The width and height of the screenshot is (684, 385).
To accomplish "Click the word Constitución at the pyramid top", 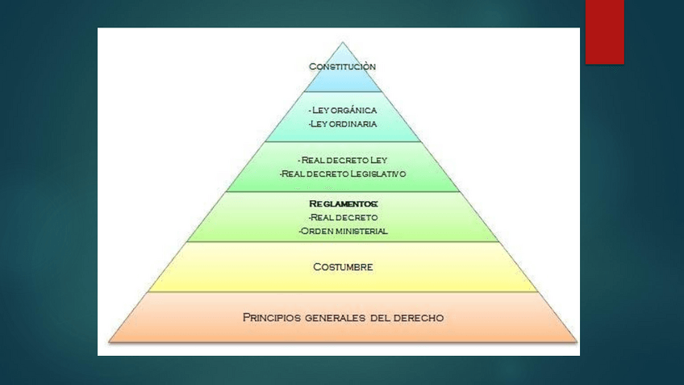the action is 343,66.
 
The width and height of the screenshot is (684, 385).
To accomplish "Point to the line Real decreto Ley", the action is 343,160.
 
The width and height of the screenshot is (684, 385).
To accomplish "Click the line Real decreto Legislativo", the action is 343,174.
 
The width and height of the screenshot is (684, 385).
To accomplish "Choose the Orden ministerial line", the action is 343,231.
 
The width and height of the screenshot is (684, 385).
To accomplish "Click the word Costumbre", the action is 343,267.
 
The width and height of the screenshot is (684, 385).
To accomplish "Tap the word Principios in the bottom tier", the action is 270,317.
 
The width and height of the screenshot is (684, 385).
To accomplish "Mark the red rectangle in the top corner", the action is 604,31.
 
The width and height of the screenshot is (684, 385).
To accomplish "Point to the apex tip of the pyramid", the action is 343,43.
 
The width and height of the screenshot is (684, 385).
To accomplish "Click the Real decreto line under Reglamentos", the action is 343,218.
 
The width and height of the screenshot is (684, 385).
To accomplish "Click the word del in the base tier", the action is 380,317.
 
